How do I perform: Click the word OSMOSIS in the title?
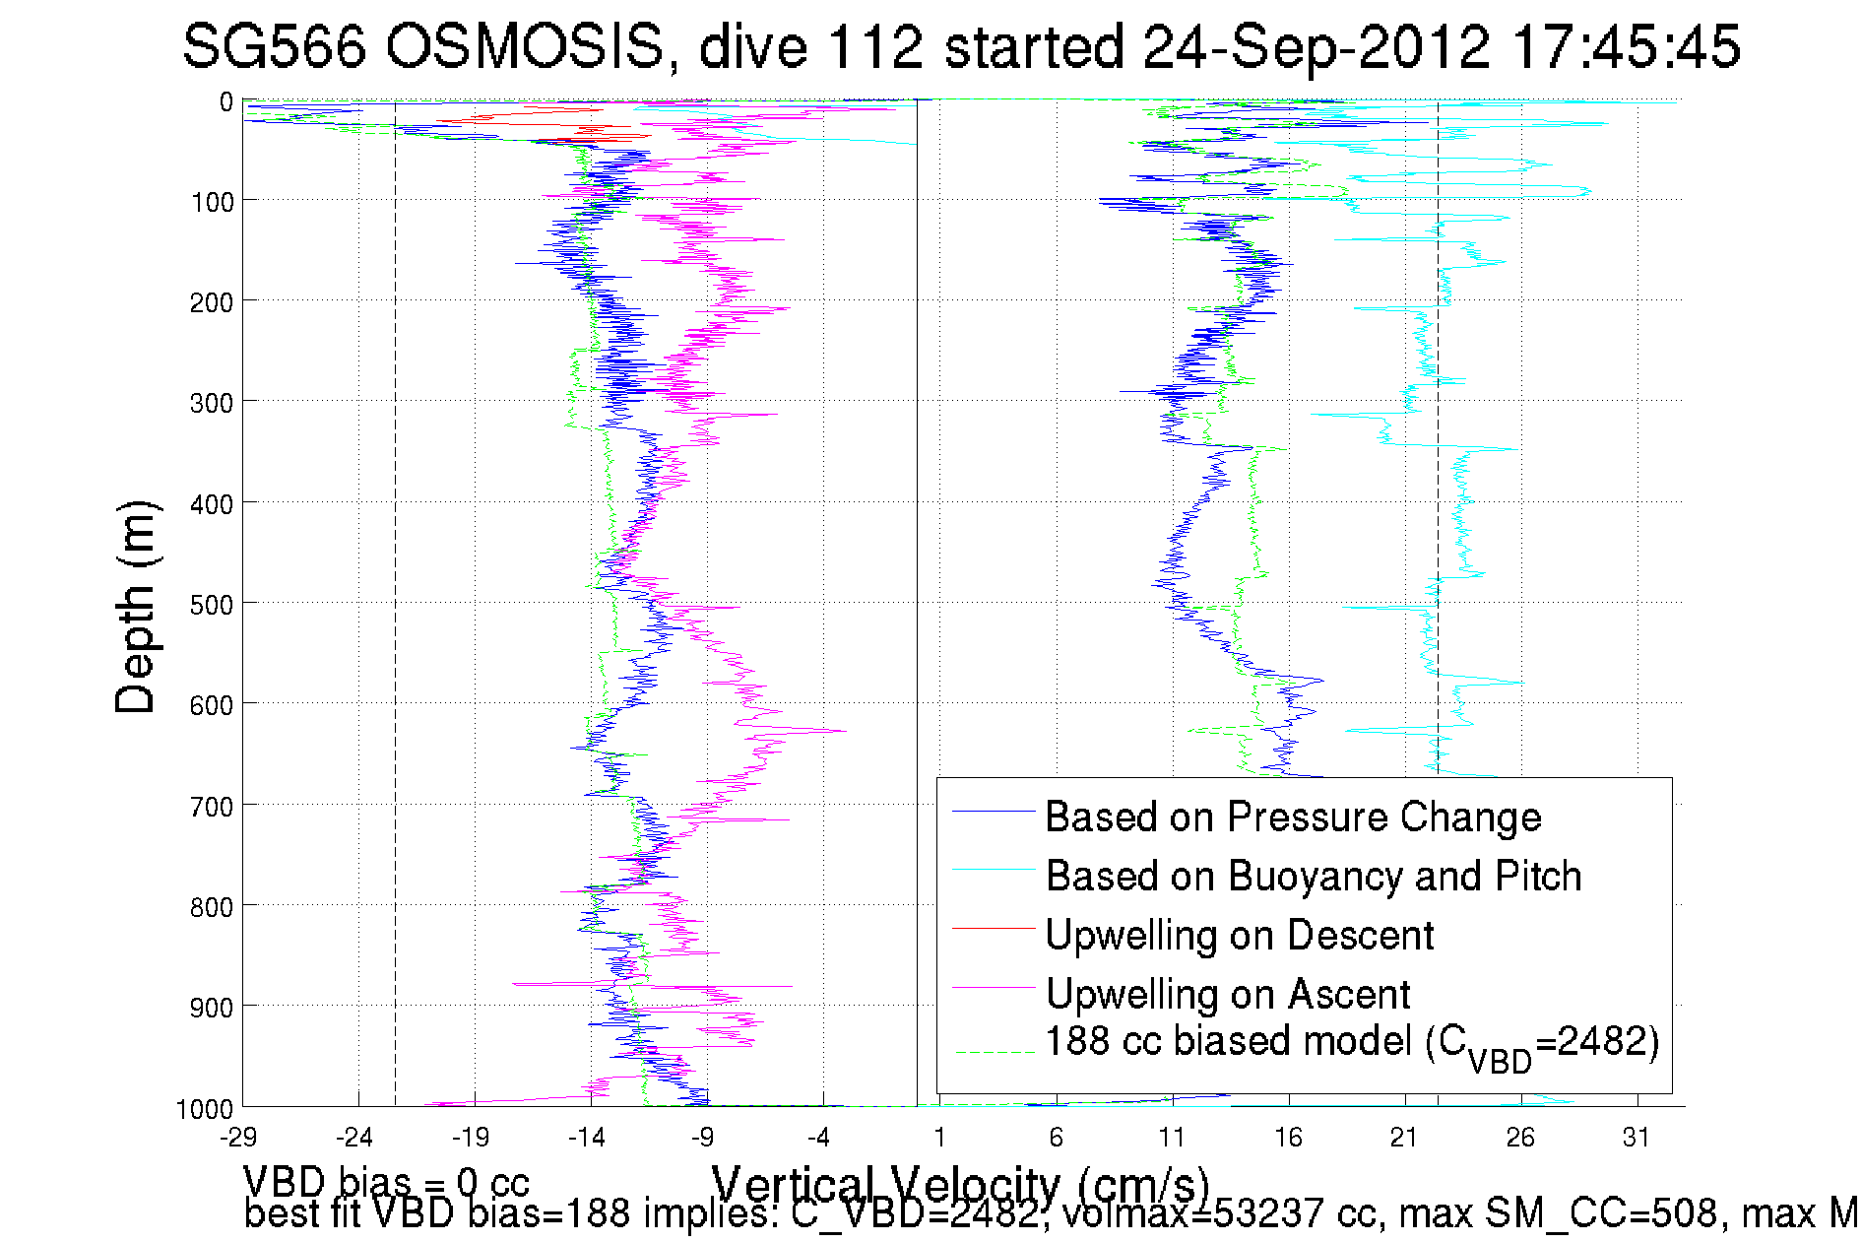click(x=524, y=46)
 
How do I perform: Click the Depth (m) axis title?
click(x=136, y=607)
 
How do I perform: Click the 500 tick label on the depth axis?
click(x=212, y=605)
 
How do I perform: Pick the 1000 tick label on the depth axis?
click(x=205, y=1109)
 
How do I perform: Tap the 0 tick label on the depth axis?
click(x=226, y=101)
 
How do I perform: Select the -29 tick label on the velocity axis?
click(x=238, y=1138)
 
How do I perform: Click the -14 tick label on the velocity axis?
click(x=587, y=1138)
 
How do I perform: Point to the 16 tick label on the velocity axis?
click(x=1288, y=1138)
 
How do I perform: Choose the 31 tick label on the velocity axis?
click(x=1637, y=1138)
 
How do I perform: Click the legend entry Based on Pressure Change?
click(x=1293, y=817)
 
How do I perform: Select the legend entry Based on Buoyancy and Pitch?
click(x=1314, y=876)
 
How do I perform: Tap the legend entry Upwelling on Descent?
click(x=1240, y=935)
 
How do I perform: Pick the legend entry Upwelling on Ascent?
click(x=1228, y=994)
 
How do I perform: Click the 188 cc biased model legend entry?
click(x=1352, y=1043)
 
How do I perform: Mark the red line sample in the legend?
click(x=994, y=927)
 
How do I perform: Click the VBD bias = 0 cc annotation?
click(x=386, y=1181)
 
